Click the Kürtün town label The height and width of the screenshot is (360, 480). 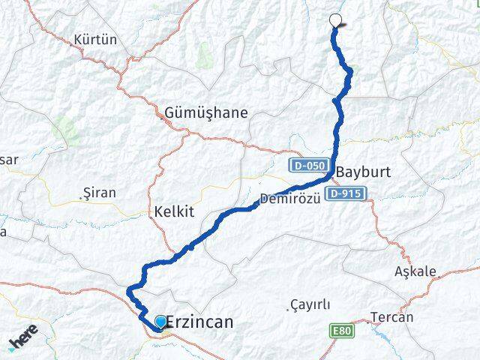95,40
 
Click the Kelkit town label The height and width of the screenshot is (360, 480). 173,212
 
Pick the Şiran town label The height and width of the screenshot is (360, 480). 100,193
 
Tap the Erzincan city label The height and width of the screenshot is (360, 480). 198,322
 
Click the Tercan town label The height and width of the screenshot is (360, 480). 391,317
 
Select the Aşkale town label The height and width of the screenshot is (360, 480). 415,271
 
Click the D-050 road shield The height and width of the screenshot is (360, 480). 307,165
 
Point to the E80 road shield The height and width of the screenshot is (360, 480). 341,329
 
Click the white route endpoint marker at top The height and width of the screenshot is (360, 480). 335,21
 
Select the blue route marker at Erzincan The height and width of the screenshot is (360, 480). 160,322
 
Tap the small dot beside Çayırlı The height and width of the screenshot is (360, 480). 289,307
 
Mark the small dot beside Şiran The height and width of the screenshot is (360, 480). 84,197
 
